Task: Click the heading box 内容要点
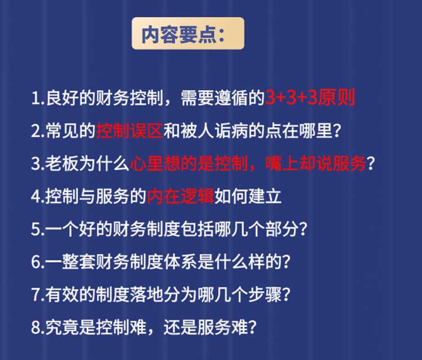coord(188,33)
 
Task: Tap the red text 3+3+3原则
coord(310,97)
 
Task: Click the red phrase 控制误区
coord(129,130)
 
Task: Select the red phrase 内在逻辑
coord(180,196)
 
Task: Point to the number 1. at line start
coord(38,98)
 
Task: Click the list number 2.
coord(38,131)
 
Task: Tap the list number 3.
coord(38,164)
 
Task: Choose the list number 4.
coord(38,197)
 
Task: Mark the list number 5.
coord(38,229)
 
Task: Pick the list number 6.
coord(38,262)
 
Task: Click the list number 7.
coord(38,295)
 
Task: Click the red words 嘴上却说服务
coord(316,164)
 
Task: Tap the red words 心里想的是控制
coord(188,164)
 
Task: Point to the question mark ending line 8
coord(252,327)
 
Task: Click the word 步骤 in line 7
coord(264,295)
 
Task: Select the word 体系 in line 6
coord(180,262)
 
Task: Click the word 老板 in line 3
coord(62,164)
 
